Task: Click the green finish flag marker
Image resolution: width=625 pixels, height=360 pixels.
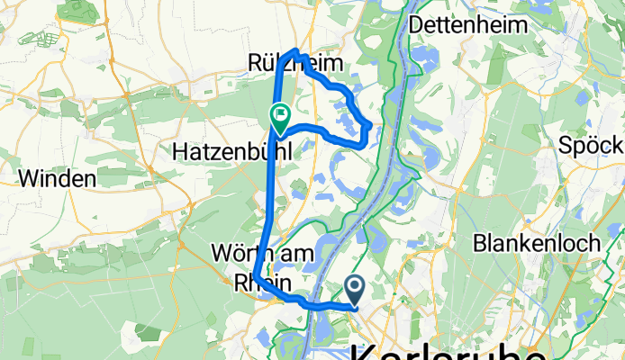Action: [278, 116]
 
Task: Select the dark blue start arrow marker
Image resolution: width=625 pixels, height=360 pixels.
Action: [354, 288]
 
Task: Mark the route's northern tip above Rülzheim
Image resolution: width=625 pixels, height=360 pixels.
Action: [295, 50]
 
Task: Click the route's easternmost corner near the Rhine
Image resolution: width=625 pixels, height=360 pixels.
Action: [371, 124]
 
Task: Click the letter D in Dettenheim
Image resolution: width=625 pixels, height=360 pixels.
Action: [416, 25]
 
